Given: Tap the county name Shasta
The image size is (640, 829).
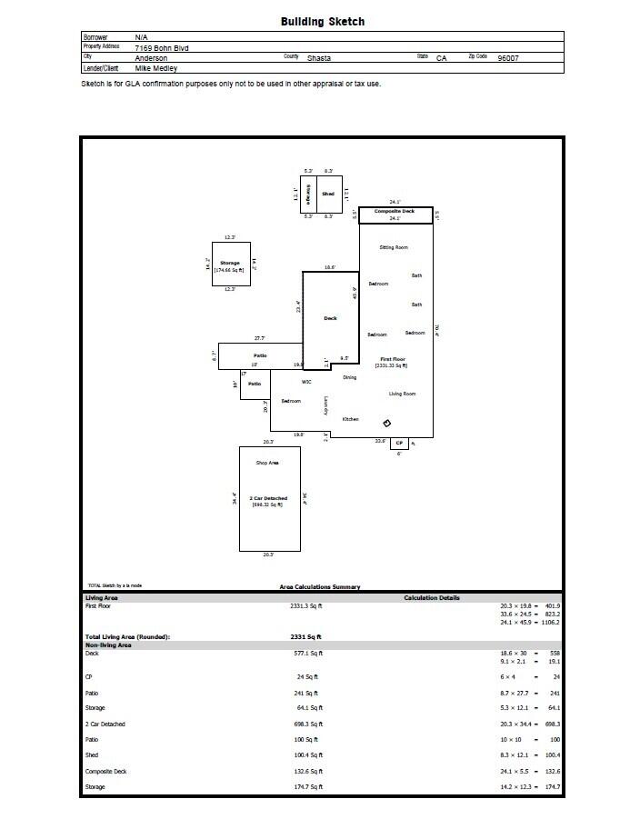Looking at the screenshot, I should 319,57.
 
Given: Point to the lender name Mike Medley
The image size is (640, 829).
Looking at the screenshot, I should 156,68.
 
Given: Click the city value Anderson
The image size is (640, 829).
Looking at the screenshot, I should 151,57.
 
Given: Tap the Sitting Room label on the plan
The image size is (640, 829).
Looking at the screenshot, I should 394,247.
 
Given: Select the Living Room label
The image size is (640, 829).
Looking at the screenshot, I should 402,394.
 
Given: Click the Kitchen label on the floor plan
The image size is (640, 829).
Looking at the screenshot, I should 350,419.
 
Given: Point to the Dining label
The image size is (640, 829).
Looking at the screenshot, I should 349,377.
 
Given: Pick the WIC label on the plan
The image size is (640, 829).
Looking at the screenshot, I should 306,382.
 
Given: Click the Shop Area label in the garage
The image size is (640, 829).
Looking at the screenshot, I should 267,463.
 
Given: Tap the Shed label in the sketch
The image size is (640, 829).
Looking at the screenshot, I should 328,194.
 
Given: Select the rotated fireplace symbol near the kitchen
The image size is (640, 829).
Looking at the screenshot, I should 386,423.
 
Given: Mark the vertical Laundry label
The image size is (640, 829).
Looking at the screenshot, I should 325,406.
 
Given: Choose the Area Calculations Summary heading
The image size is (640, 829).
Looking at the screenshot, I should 319,587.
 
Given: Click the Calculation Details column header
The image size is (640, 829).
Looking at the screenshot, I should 432,598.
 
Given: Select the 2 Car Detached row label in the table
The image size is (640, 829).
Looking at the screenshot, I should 105,724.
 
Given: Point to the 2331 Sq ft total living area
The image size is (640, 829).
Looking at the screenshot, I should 306,637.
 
